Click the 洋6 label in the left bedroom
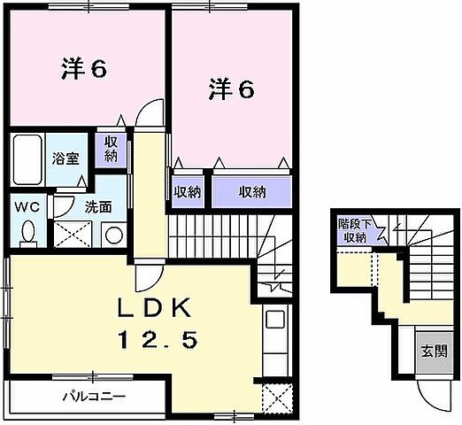[85, 69]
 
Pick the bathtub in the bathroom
[27, 158]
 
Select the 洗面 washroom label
[97, 208]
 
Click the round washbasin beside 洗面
[112, 235]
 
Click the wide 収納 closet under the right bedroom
[252, 189]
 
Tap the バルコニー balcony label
[86, 397]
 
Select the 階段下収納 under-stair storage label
[355, 229]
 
